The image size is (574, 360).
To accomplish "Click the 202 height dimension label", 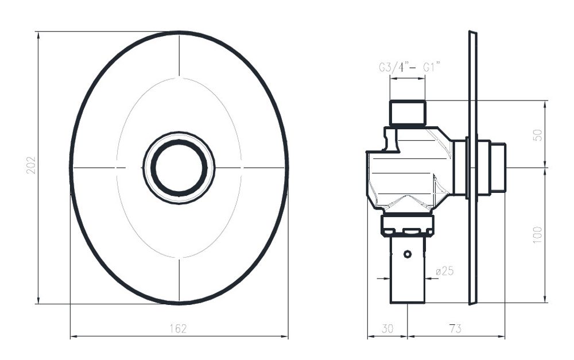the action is click(31, 165).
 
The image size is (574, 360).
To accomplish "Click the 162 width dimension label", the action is click(179, 328).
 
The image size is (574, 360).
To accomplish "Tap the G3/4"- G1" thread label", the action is click(409, 68).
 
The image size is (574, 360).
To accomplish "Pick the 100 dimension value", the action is click(537, 235).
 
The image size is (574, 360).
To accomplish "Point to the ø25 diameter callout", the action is click(445, 271).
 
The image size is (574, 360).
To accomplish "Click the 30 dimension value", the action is click(387, 328).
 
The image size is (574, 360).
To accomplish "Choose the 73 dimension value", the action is click(455, 328).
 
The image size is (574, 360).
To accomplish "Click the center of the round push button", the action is click(179, 168).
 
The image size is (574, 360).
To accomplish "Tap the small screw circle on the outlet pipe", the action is click(408, 254).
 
